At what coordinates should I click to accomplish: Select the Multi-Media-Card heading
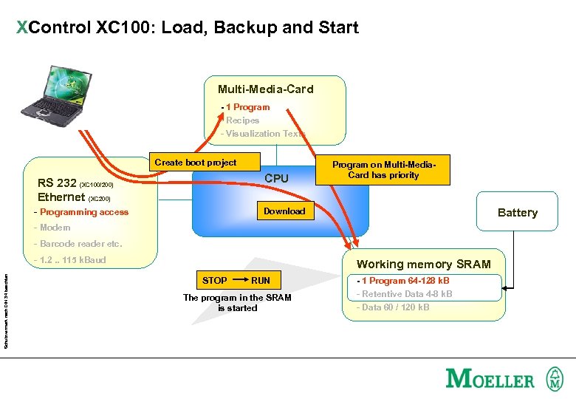click(x=265, y=89)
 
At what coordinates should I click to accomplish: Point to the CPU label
click(x=276, y=179)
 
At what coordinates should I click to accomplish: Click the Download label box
click(x=284, y=211)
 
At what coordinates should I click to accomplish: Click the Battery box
click(x=517, y=213)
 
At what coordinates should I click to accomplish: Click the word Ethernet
click(x=61, y=197)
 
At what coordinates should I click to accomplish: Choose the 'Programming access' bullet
click(x=83, y=212)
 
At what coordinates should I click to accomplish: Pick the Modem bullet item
click(x=55, y=228)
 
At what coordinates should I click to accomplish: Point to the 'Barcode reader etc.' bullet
click(x=80, y=244)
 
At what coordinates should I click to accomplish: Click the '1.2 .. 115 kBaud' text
click(x=72, y=260)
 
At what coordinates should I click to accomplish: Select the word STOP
click(x=215, y=281)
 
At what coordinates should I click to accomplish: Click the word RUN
click(x=261, y=281)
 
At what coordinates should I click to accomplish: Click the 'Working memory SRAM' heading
click(x=423, y=265)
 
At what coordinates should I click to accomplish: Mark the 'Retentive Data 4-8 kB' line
click(x=405, y=294)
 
